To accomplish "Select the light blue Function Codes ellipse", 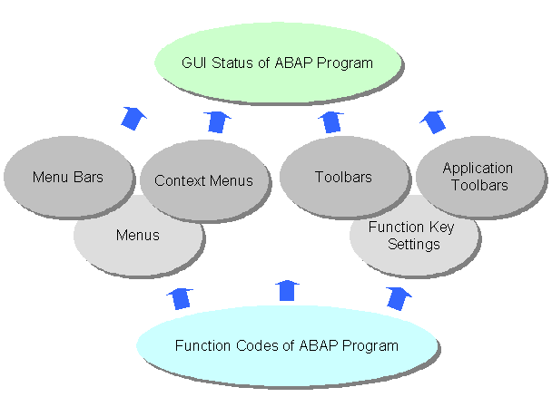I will (286, 345).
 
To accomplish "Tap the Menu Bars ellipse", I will (67, 177).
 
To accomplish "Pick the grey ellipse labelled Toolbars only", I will (342, 177).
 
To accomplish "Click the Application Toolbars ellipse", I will (478, 176).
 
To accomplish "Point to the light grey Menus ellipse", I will (137, 236).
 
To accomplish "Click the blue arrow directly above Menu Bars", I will (134, 118).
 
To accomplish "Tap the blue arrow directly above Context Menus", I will (216, 120).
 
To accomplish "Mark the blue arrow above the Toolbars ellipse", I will (332, 120).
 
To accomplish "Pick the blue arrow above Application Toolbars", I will (433, 120).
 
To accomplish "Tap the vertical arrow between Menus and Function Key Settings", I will (288, 290).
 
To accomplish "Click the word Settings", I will (413, 245).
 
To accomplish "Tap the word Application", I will (478, 169).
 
